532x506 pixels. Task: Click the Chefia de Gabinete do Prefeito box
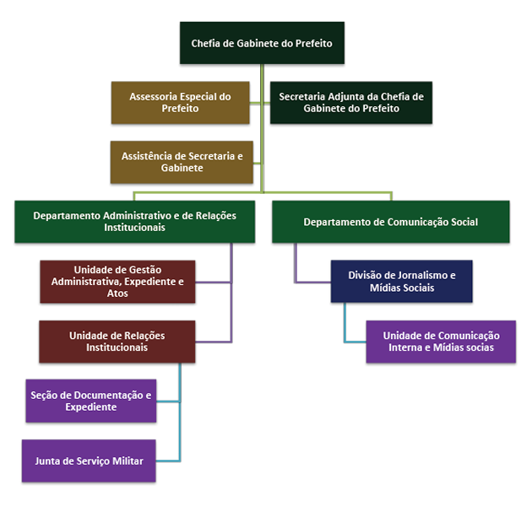tap(262, 42)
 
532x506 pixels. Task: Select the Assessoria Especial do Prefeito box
tap(181, 103)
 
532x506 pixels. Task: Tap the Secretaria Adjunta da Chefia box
tap(350, 103)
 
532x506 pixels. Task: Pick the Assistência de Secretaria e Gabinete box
tap(182, 162)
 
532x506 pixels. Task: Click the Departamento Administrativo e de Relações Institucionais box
tap(134, 222)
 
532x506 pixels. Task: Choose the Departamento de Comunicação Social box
tap(390, 222)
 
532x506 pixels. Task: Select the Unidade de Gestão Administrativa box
tap(117, 281)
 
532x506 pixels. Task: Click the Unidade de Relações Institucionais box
tap(117, 342)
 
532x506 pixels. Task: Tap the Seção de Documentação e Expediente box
tap(90, 401)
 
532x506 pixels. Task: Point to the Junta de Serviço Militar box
tap(89, 461)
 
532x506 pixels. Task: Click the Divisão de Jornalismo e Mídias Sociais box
tap(401, 281)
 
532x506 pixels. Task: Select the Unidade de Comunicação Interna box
tap(441, 341)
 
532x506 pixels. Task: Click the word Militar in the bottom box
tap(124, 461)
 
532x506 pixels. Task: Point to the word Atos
tap(118, 293)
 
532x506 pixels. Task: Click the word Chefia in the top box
tap(206, 42)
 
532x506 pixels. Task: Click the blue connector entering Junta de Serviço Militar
tap(169, 460)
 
